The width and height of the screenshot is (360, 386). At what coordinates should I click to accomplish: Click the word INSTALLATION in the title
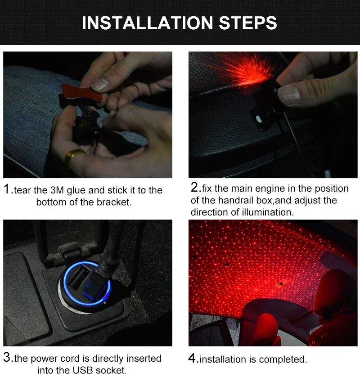click(147, 23)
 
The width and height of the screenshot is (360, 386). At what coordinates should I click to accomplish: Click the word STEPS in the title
click(247, 23)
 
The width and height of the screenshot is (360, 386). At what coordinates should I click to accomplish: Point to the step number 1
click(7, 189)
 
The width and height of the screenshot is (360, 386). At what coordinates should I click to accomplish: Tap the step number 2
click(194, 188)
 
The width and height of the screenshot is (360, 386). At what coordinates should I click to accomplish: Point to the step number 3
click(7, 358)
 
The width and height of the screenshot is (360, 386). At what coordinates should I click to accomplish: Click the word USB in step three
click(82, 370)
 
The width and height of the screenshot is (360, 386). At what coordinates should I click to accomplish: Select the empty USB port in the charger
click(78, 277)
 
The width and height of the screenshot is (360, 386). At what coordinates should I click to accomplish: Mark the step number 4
click(192, 358)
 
